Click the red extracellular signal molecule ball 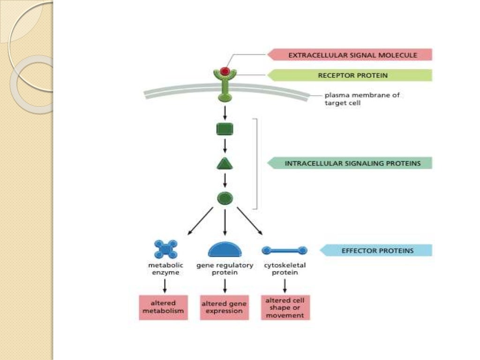tap(225, 71)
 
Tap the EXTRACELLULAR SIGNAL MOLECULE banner tap(352, 55)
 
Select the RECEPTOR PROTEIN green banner tap(352, 75)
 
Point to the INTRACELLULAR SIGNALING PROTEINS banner tap(352, 164)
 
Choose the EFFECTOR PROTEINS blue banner tap(377, 250)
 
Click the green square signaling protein tap(225, 129)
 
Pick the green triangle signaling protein tap(225, 164)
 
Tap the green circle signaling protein tap(225, 198)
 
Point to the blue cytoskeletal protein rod tap(285, 250)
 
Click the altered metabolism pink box tap(164, 307)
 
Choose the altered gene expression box tap(224, 307)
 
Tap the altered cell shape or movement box tap(285, 307)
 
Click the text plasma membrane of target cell tap(362, 99)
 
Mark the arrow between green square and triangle tap(225, 146)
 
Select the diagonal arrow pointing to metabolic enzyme tap(200, 221)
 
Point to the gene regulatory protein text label tap(225, 269)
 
